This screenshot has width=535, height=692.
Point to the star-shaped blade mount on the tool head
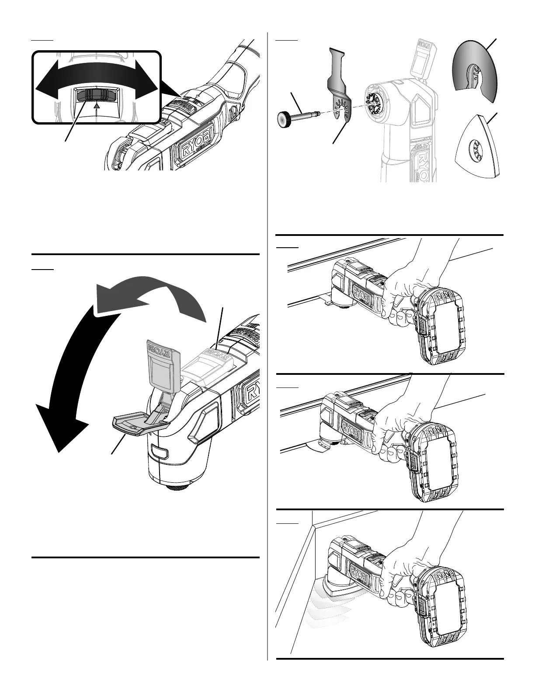coord(375,103)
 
